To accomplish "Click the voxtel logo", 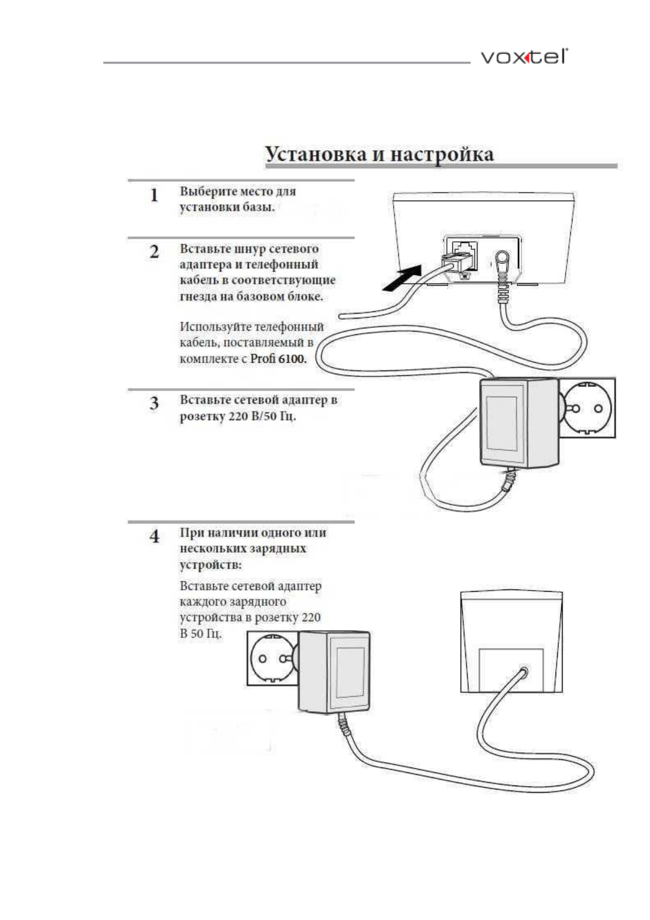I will (523, 57).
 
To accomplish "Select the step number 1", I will (154, 195).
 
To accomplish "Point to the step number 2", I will (154, 252).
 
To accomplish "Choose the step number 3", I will (154, 404).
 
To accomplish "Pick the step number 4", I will (154, 536).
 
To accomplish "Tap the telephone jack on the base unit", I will (463, 253).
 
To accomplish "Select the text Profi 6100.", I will (278, 359).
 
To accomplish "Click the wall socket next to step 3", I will (589, 408).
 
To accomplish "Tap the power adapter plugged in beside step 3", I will (518, 422).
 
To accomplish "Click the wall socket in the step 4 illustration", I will (272, 658).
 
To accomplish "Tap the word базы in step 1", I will (258, 207).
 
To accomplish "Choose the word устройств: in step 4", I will (211, 564).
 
